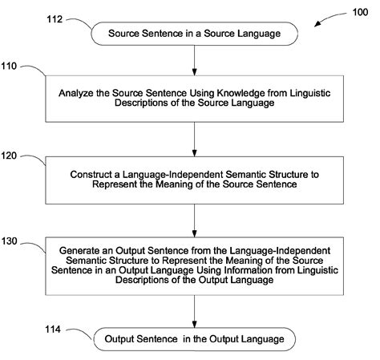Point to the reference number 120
(x=15, y=158)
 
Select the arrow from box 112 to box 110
(x=195, y=59)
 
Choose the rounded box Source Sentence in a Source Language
(x=195, y=33)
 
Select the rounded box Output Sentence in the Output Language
(x=195, y=339)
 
